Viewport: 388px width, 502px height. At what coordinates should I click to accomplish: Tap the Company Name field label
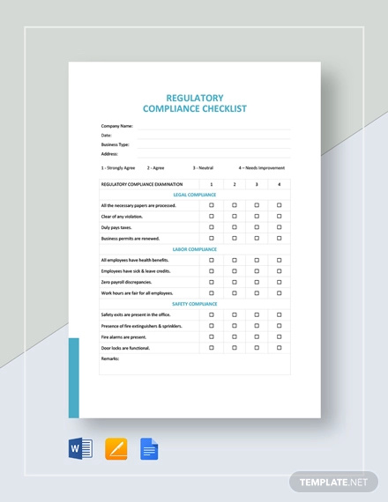117,126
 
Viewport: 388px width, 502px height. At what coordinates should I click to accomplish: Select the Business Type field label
116,144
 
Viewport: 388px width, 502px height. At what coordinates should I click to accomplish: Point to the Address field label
109,153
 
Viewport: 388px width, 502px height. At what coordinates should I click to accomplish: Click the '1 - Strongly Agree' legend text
118,167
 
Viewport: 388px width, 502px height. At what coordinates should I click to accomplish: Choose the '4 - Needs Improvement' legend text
261,167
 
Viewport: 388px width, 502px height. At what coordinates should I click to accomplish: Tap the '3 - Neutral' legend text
203,167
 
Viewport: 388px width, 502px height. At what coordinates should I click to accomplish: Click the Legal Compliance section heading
194,195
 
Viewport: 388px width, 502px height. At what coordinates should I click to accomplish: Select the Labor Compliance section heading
194,249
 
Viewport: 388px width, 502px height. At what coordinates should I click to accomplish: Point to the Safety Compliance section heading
194,304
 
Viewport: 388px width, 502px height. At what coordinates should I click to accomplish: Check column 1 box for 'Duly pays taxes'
212,227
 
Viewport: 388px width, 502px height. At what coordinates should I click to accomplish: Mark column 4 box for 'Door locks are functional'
280,348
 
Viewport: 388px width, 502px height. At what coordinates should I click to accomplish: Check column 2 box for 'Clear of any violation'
235,217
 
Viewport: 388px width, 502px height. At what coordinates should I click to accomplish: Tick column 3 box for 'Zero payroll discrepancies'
257,282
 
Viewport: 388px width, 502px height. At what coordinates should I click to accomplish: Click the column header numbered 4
280,184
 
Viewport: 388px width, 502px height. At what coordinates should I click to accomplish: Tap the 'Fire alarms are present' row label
124,336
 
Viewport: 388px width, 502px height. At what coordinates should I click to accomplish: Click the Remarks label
110,358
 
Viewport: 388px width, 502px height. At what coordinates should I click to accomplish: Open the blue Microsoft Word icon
80,449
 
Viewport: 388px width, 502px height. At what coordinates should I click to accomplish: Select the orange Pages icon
116,449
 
